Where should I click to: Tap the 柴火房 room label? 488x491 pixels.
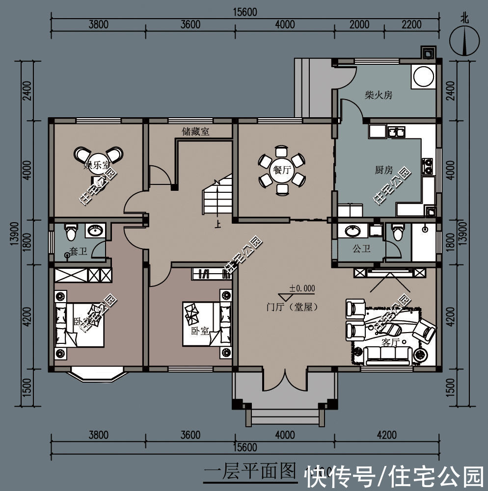coord(378,95)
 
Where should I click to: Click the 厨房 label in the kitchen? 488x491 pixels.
coord(383,170)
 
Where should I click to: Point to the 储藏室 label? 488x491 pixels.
coord(195,131)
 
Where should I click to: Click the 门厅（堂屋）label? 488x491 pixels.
coord(292,308)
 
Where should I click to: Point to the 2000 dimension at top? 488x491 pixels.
coord(359,25)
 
